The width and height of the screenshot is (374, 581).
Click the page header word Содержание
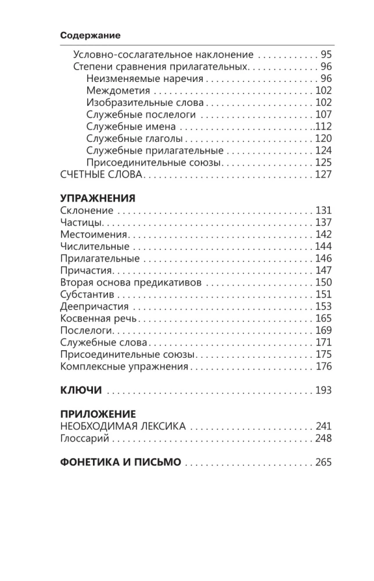90,35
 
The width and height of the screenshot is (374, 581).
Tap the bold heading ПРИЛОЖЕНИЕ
98,414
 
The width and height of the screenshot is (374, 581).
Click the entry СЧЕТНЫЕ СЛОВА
101,174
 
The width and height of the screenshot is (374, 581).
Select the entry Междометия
118,91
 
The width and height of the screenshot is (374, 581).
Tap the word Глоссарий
85,439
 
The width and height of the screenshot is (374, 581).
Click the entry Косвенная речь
98,318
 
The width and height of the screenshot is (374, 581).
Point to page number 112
323,127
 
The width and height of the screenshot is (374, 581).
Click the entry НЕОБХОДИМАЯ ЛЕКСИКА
123,426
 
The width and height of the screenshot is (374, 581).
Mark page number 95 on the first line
326,55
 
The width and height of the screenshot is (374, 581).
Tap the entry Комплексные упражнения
124,367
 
